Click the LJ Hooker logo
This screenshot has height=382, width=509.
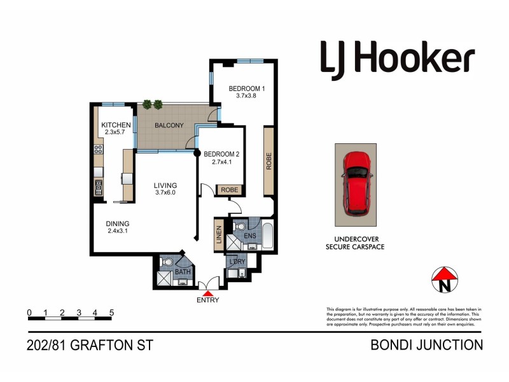[x=397, y=59]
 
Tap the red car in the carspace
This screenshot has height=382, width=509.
[x=356, y=183]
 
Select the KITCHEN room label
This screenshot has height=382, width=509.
[x=116, y=125]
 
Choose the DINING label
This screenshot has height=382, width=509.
[x=118, y=223]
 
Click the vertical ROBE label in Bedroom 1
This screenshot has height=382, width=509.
[x=269, y=162]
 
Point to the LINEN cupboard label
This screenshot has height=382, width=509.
[x=219, y=234]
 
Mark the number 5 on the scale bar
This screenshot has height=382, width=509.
[x=111, y=313]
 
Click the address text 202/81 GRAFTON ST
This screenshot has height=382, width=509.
[x=90, y=346]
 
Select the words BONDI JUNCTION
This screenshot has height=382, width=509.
[x=426, y=346]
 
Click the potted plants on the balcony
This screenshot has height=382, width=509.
[x=153, y=104]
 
